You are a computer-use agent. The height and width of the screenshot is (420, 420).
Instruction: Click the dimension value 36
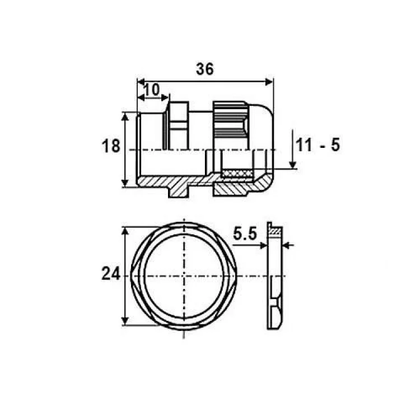click(x=205, y=69)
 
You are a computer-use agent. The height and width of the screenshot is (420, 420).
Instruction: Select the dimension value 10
click(x=152, y=90)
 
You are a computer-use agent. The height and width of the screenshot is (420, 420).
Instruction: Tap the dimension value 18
click(x=111, y=147)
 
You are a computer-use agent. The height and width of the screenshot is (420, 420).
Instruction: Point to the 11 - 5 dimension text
click(x=318, y=145)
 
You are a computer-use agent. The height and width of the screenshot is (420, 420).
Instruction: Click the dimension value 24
click(x=111, y=274)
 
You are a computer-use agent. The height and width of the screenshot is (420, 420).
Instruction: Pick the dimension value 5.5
click(x=245, y=234)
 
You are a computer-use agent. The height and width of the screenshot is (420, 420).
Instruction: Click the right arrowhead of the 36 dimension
click(x=269, y=82)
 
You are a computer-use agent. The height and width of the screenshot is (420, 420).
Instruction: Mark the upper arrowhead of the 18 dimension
click(x=125, y=117)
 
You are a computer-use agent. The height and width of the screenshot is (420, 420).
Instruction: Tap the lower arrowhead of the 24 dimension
click(x=125, y=321)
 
